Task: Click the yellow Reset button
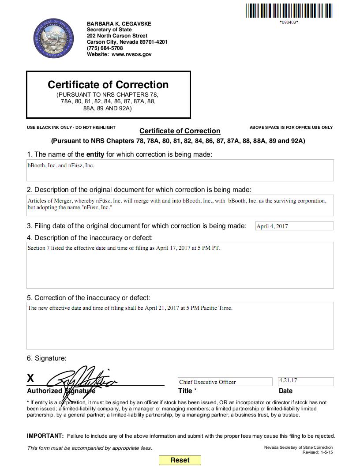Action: tap(180, 460)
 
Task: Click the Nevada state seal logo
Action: tap(53, 38)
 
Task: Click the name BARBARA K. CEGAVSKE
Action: tap(119, 23)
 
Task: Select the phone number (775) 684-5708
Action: tap(105, 48)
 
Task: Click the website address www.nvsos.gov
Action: tap(131, 54)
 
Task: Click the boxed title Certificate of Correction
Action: tap(108, 85)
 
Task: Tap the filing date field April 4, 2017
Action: tap(294, 226)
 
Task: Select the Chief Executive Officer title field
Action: tap(225, 382)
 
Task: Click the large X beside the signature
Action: tap(30, 378)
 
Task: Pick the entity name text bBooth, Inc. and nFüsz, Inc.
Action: tap(61, 165)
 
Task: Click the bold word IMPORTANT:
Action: tap(45, 436)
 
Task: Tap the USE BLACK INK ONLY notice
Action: tap(71, 128)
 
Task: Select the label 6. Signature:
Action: tap(46, 358)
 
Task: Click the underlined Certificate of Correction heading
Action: tap(180, 131)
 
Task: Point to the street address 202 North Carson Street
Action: tap(117, 36)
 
